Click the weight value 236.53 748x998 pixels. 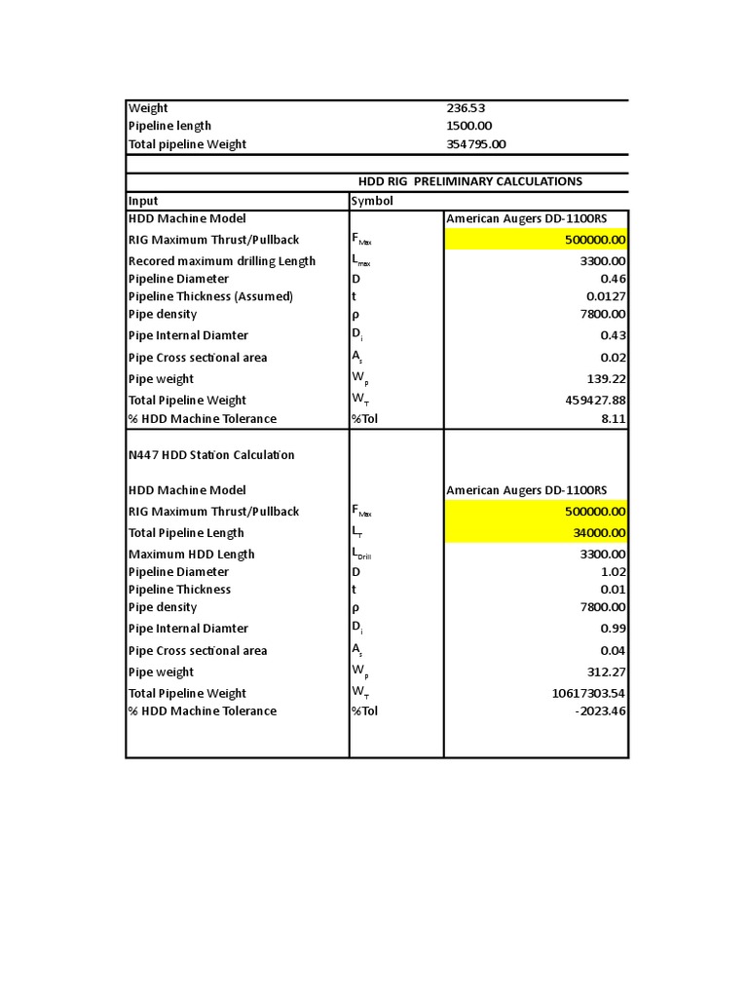click(466, 108)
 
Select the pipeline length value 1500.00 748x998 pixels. click(469, 126)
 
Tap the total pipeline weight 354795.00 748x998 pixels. click(476, 144)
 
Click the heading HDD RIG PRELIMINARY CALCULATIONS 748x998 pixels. click(470, 181)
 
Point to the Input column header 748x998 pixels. click(143, 201)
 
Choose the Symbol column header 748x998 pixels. click(372, 201)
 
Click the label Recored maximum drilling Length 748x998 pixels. click(222, 261)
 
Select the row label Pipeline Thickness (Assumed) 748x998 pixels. click(210, 296)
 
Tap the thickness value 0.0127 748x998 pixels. click(606, 296)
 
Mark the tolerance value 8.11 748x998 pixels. click(613, 419)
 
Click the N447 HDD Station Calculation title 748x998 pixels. click(211, 455)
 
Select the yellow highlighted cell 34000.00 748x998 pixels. click(597, 533)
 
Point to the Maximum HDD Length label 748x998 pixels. click(192, 555)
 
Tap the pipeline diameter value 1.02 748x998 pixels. click(614, 572)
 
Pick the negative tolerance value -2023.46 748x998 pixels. click(601, 711)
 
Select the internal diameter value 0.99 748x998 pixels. click(614, 629)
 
